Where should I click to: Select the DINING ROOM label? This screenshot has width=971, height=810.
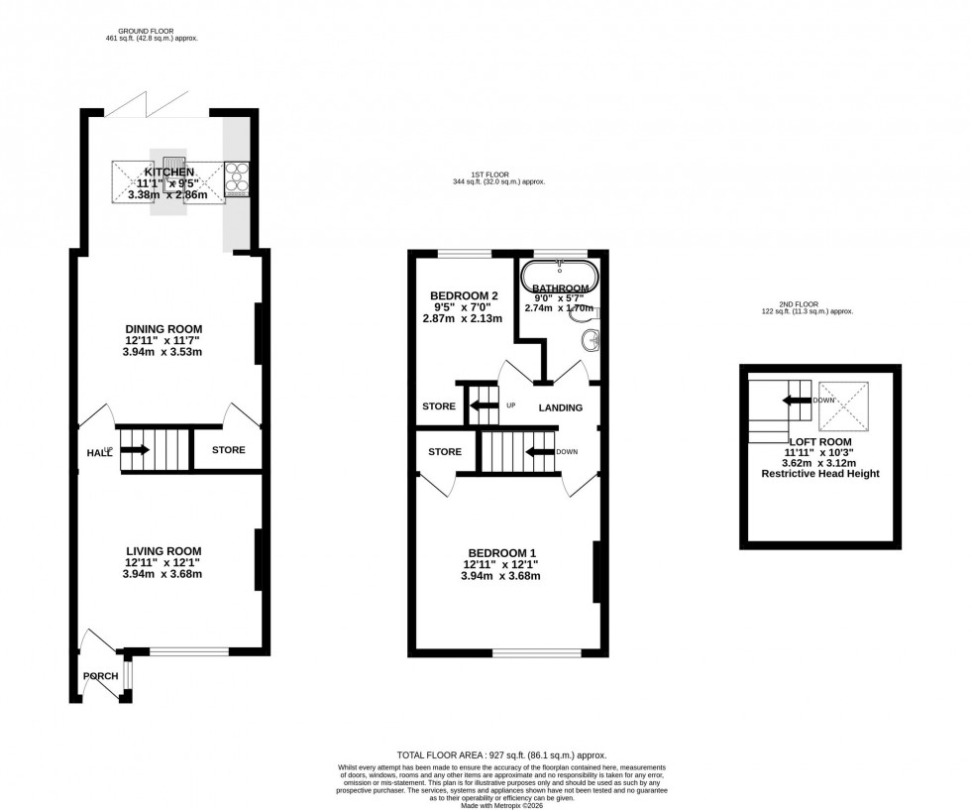(163, 329)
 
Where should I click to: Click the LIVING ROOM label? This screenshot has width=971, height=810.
(163, 551)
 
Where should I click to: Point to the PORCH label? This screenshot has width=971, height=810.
(100, 676)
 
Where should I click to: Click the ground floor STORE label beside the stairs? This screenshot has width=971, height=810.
(228, 450)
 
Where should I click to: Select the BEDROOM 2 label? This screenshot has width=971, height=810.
(464, 295)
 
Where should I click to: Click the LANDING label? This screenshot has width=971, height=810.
(560, 407)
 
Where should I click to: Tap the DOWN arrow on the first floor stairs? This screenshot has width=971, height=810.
(539, 452)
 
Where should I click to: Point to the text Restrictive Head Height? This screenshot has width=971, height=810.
(819, 474)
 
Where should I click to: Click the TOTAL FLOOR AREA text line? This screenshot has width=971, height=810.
(500, 754)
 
